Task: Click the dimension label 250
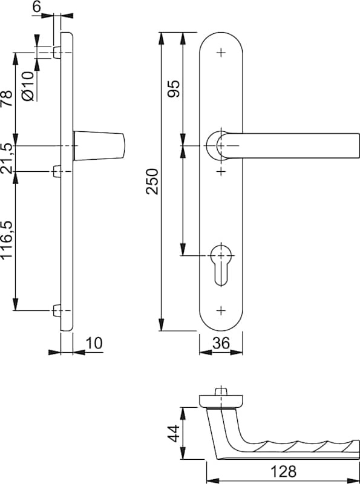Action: [152, 181]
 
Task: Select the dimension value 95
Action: [174, 88]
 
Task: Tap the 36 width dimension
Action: [221, 342]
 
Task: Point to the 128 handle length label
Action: [283, 471]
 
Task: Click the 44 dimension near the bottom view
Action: [174, 433]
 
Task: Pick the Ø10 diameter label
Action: [28, 86]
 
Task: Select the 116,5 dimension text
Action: [7, 240]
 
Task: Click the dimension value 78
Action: [7, 99]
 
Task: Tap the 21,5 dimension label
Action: [7, 158]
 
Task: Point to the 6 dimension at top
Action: [37, 7]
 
